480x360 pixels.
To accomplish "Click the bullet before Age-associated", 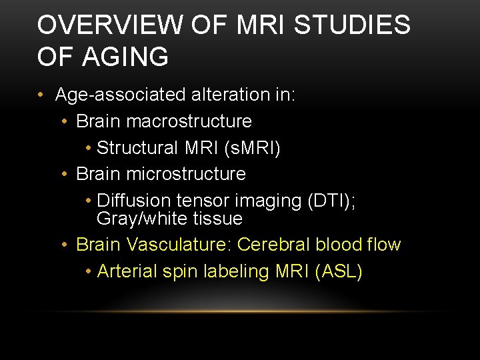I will click(x=41, y=95).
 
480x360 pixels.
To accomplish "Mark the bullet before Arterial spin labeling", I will click(x=89, y=272).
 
